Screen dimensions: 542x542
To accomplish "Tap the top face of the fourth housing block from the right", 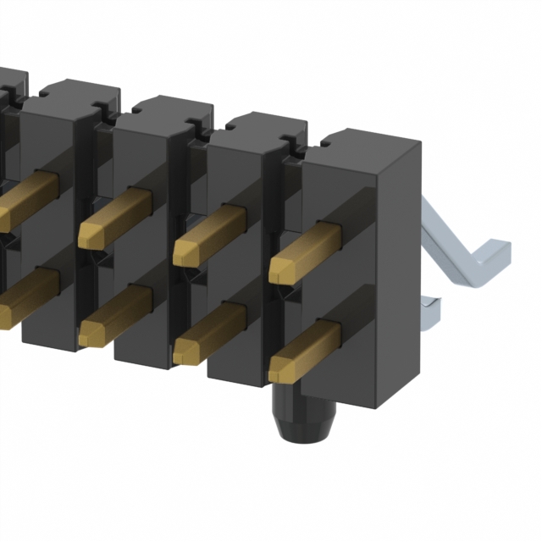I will pyautogui.click(x=80, y=91).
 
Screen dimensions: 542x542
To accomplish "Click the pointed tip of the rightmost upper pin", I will pyautogui.click(x=276, y=271).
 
